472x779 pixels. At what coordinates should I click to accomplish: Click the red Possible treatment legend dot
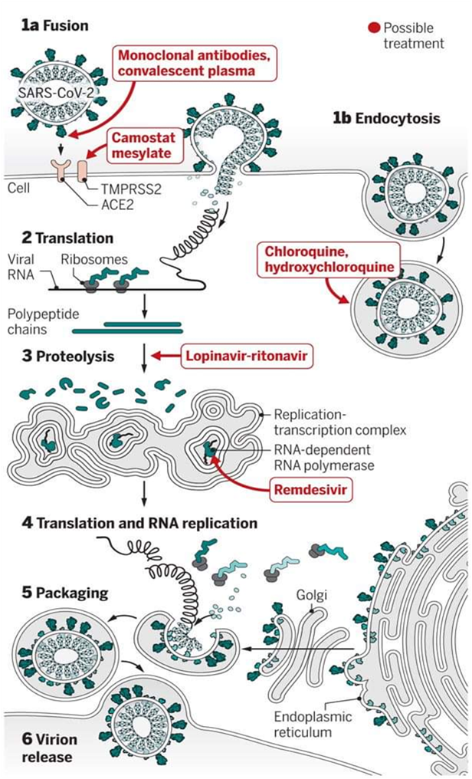[x=374, y=28]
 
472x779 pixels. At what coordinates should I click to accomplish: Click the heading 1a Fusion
[x=56, y=26]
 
